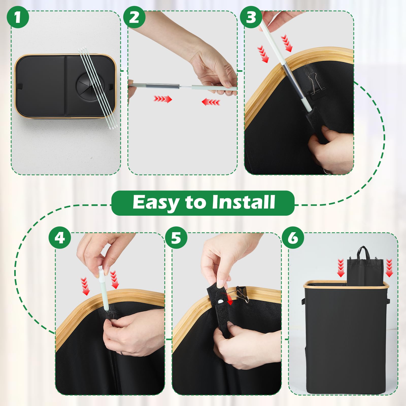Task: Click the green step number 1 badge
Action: pos(18,17)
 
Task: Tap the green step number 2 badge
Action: pos(134,17)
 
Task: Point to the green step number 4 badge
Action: pos(60,238)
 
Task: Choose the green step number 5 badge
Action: pos(176,238)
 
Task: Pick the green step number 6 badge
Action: pos(293,238)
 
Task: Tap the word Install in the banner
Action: pos(244,202)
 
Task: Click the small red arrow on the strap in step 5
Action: pos(230,302)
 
